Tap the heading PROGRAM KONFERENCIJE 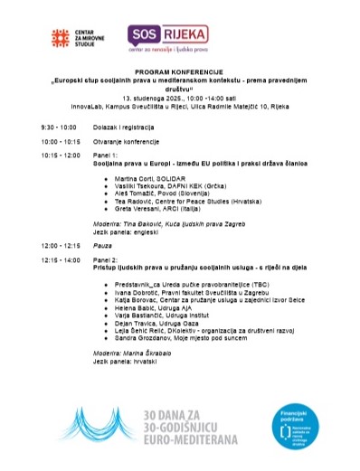[x=180, y=70]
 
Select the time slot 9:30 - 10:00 [x=59, y=127]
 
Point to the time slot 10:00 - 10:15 [x=61, y=142]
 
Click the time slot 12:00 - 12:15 [x=61, y=245]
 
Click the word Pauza [x=103, y=245]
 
